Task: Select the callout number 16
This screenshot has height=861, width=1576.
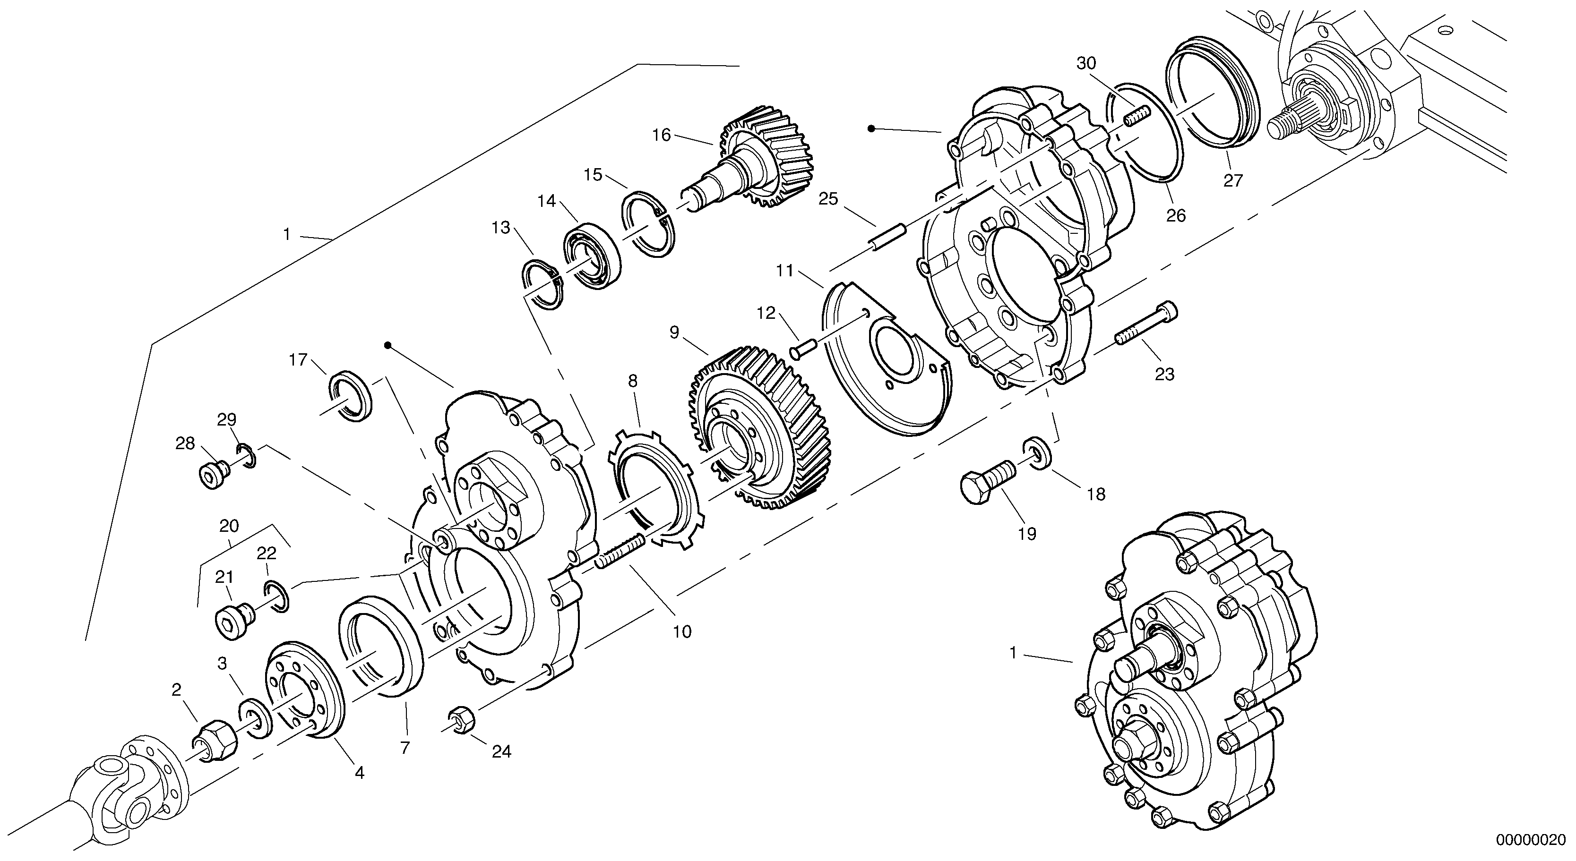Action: pos(662,135)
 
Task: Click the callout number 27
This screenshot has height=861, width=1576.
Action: pos(1233,181)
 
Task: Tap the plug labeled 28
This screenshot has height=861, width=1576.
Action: pos(212,473)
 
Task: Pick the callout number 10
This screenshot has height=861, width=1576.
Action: pos(682,631)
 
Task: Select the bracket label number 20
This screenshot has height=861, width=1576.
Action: pos(229,526)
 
